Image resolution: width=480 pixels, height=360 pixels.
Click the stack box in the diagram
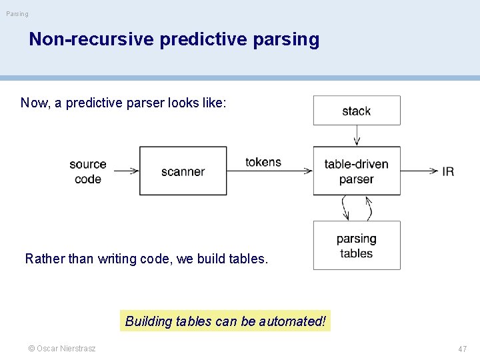(357, 111)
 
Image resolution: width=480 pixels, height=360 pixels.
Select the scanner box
(183, 171)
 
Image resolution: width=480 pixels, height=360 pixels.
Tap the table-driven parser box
(357, 171)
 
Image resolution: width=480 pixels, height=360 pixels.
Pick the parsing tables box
(357, 245)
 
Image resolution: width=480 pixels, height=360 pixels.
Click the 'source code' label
(88, 171)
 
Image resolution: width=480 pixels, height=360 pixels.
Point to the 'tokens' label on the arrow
(263, 162)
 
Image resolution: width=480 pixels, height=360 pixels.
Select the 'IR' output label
(448, 171)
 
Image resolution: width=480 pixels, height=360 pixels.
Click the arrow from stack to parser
(357, 135)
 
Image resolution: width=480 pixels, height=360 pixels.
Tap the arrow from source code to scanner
(125, 171)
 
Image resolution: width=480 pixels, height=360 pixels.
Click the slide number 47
(462, 349)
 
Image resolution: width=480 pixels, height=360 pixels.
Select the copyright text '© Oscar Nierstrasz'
(61, 349)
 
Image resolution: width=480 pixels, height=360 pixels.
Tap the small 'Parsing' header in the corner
(17, 14)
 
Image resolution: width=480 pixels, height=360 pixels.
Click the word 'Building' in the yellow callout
(148, 321)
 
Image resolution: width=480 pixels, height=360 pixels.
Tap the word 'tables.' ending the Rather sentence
(248, 259)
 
